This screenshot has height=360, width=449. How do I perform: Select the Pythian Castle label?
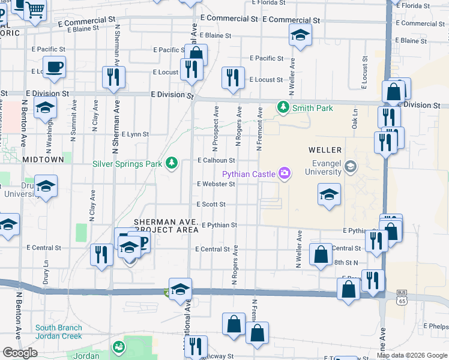tap(248, 174)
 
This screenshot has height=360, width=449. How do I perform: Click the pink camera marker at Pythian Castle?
tap(284, 174)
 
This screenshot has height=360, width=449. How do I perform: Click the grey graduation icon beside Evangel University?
tap(351, 166)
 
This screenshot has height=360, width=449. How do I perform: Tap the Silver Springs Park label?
tap(127, 163)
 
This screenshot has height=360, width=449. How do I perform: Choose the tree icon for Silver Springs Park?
tap(172, 163)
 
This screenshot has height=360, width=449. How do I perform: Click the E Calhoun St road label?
tap(216, 160)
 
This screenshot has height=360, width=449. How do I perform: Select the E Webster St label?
tap(216, 184)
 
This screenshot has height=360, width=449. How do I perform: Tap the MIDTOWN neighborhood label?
tap(43, 160)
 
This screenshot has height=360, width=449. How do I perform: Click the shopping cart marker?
tap(36, 10)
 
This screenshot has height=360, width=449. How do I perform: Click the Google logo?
tap(20, 353)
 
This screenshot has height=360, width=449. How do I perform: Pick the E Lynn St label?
tap(135, 134)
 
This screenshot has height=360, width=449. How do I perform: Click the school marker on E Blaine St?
tap(300, 35)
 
